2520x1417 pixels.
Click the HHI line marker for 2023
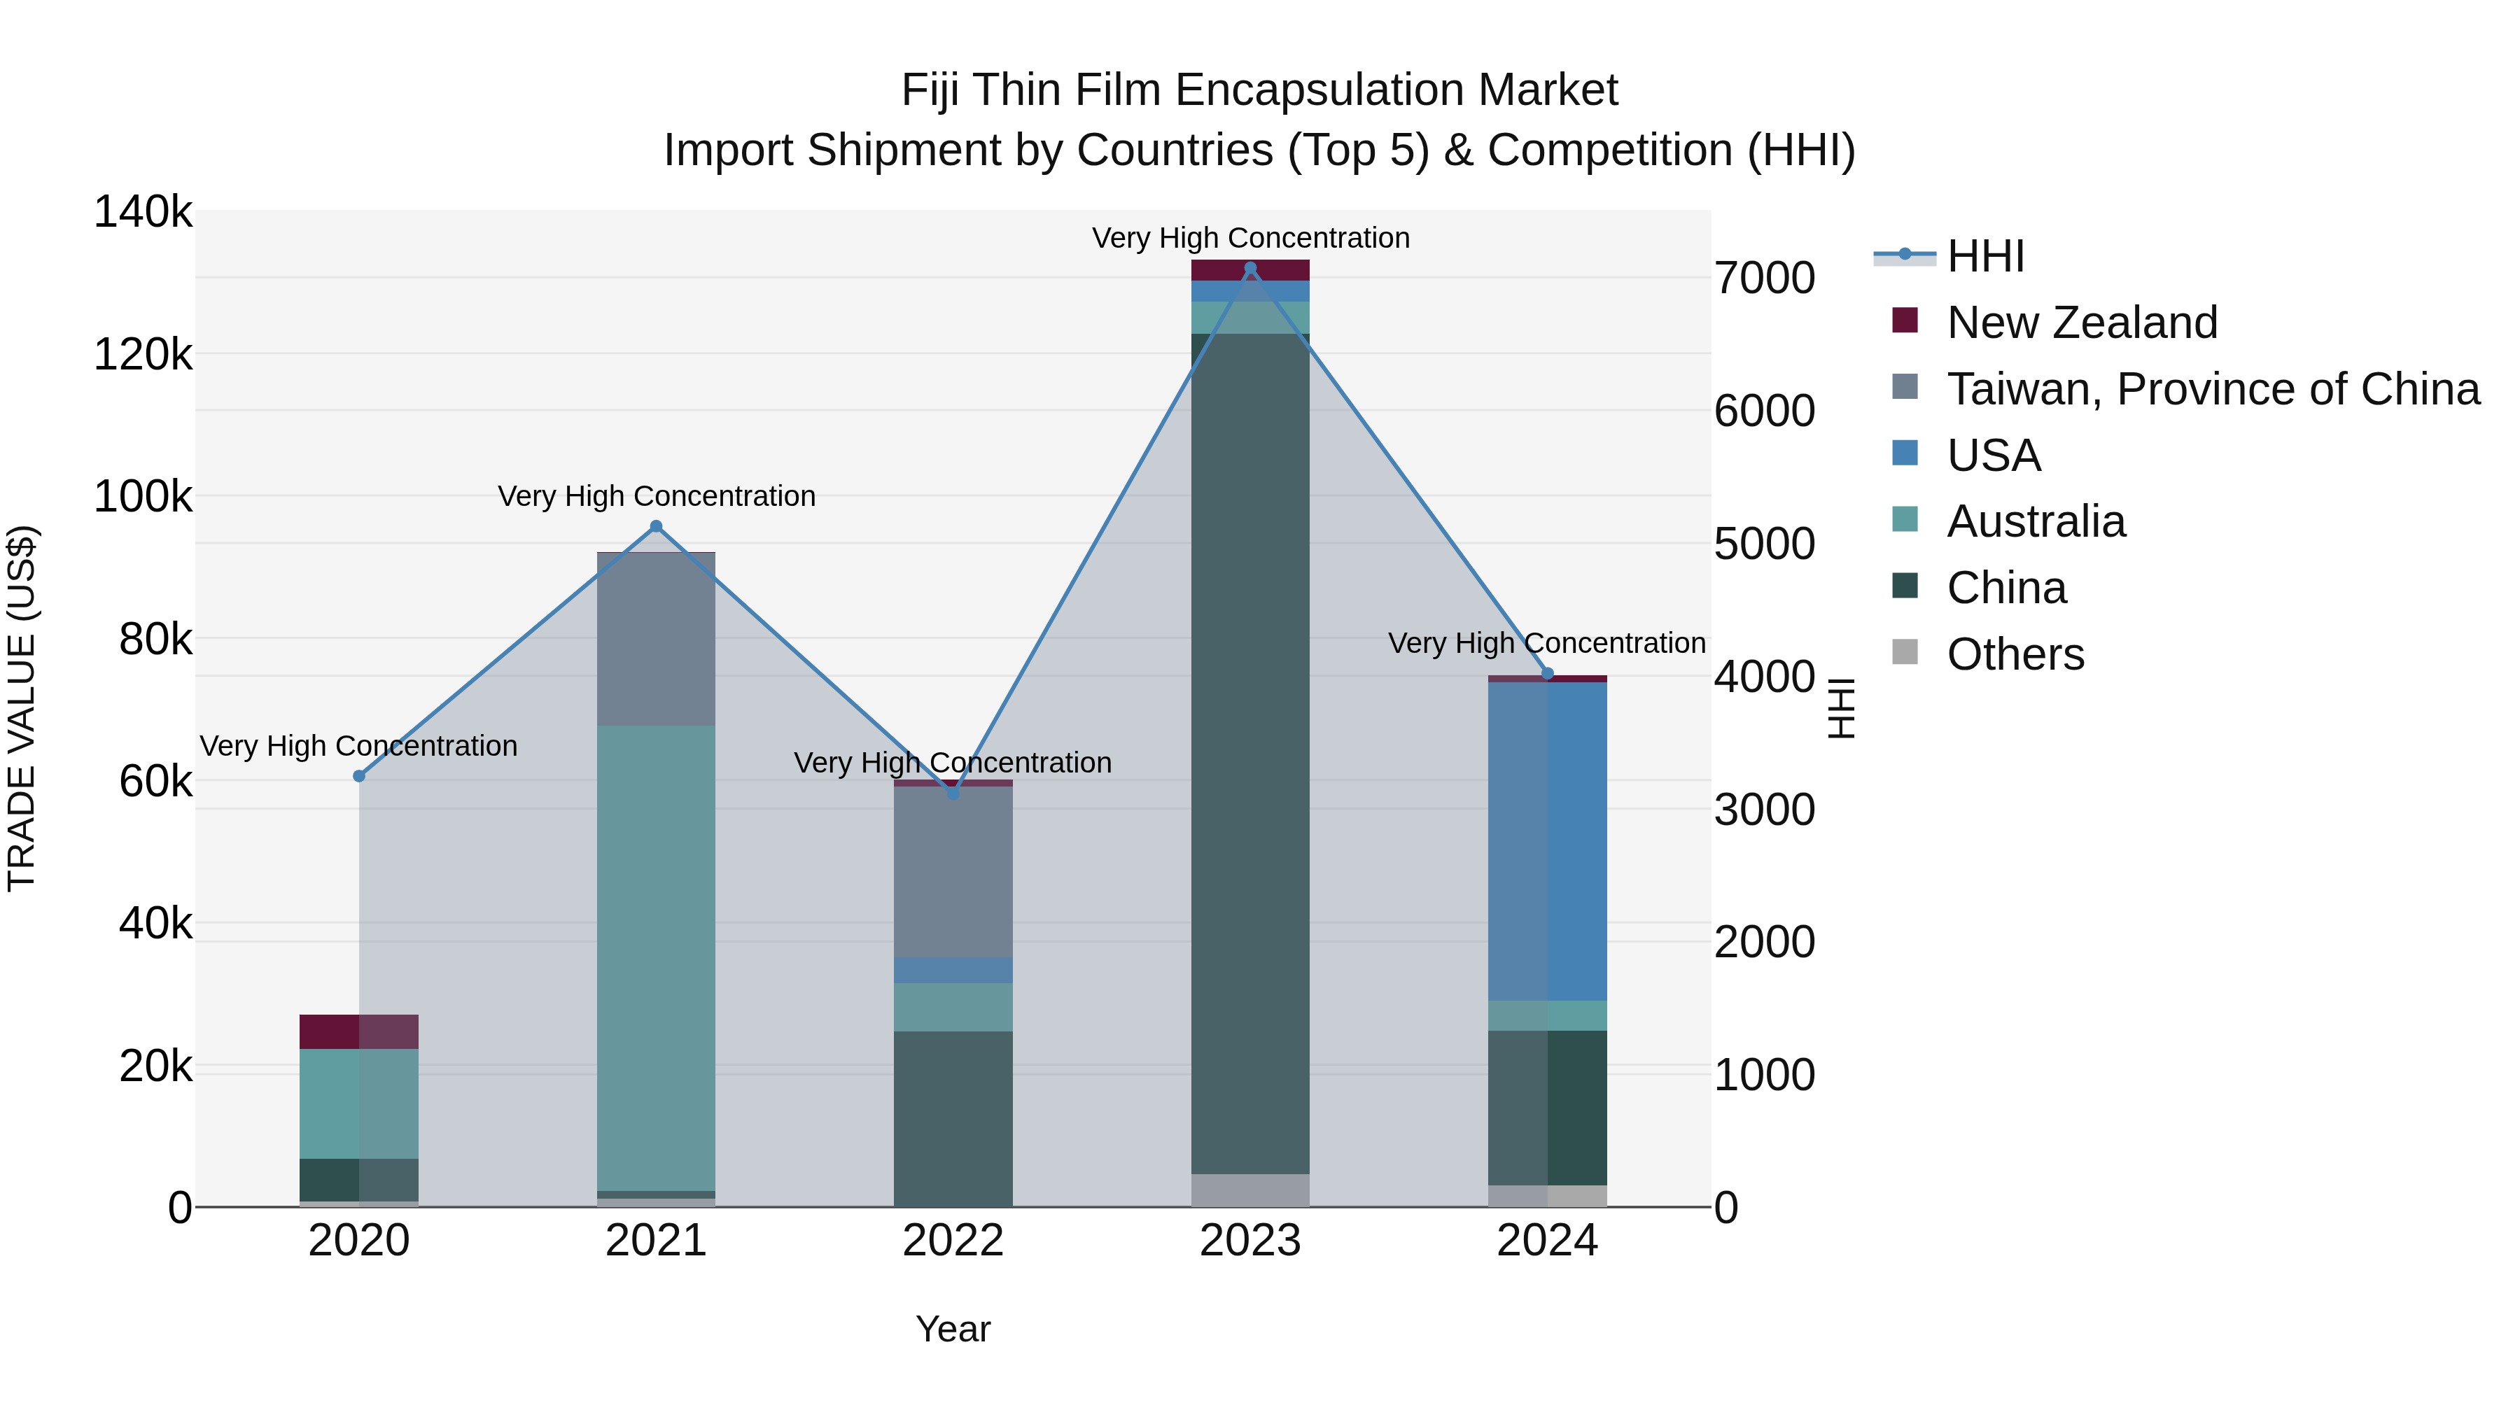click(x=1249, y=268)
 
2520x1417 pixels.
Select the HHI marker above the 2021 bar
click(x=657, y=526)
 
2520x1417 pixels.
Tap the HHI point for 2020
click(x=359, y=775)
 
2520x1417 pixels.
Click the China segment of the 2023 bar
click(x=1249, y=753)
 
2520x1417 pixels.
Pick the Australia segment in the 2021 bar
click(x=657, y=959)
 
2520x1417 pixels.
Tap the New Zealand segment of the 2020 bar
click(x=359, y=1031)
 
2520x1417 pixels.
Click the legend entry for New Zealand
click(x=2081, y=323)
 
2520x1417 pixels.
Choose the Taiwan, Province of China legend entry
click(x=2212, y=389)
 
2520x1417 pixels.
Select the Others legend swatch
click(x=1905, y=652)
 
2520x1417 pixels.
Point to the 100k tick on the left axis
click(x=143, y=496)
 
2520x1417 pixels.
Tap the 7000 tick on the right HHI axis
click(x=1764, y=278)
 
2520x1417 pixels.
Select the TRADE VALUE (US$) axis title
click(x=22, y=708)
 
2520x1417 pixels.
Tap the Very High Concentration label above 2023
click(x=1249, y=238)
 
